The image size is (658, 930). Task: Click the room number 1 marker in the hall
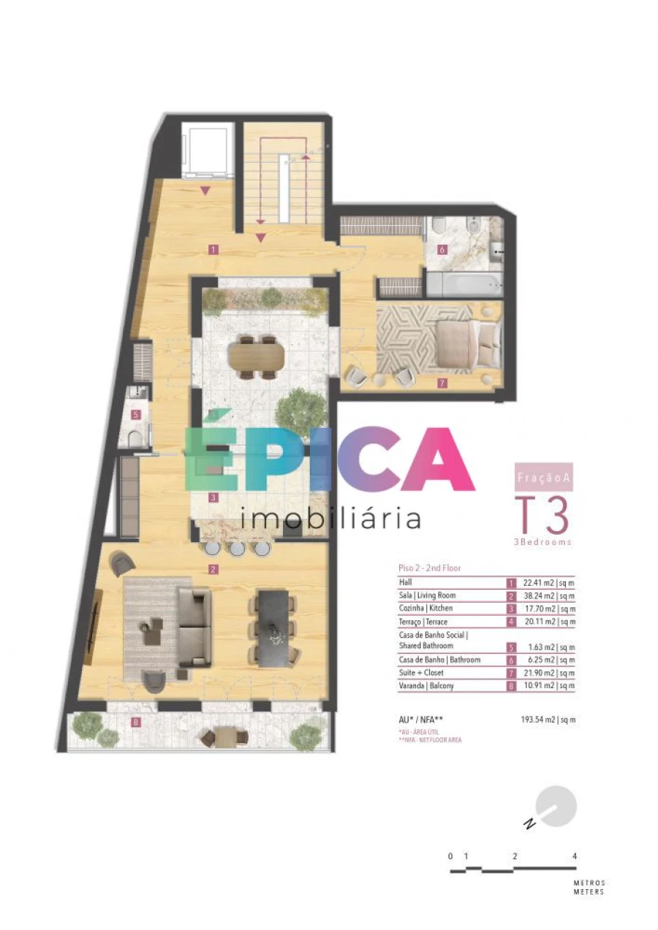point(213,249)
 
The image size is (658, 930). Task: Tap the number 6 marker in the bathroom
point(442,249)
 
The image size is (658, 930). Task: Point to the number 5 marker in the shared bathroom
point(136,415)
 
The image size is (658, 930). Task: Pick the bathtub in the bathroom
point(464,283)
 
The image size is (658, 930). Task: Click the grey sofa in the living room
point(194,627)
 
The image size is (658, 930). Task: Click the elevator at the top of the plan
point(208,150)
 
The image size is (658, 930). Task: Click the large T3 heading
point(542,516)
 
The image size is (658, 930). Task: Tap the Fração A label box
point(542,476)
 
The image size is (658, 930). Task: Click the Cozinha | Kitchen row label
point(426,608)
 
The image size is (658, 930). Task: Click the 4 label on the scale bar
point(575,855)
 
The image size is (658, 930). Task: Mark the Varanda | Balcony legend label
point(427,685)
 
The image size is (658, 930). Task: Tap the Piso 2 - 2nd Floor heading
point(430,568)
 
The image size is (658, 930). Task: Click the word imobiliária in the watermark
point(330,518)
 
